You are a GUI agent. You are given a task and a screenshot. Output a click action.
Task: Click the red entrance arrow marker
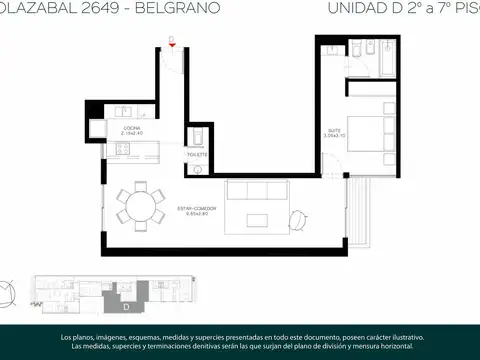click(172, 45)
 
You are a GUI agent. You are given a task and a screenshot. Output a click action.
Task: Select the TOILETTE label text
click(197, 154)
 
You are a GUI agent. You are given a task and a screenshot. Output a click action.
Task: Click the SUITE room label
click(333, 130)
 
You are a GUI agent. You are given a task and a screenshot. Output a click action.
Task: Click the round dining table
click(139, 207)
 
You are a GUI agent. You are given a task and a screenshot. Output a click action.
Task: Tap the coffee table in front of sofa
click(259, 215)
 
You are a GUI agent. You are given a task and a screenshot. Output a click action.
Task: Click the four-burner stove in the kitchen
click(121, 150)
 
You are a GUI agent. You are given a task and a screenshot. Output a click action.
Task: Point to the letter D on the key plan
click(127, 293)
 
